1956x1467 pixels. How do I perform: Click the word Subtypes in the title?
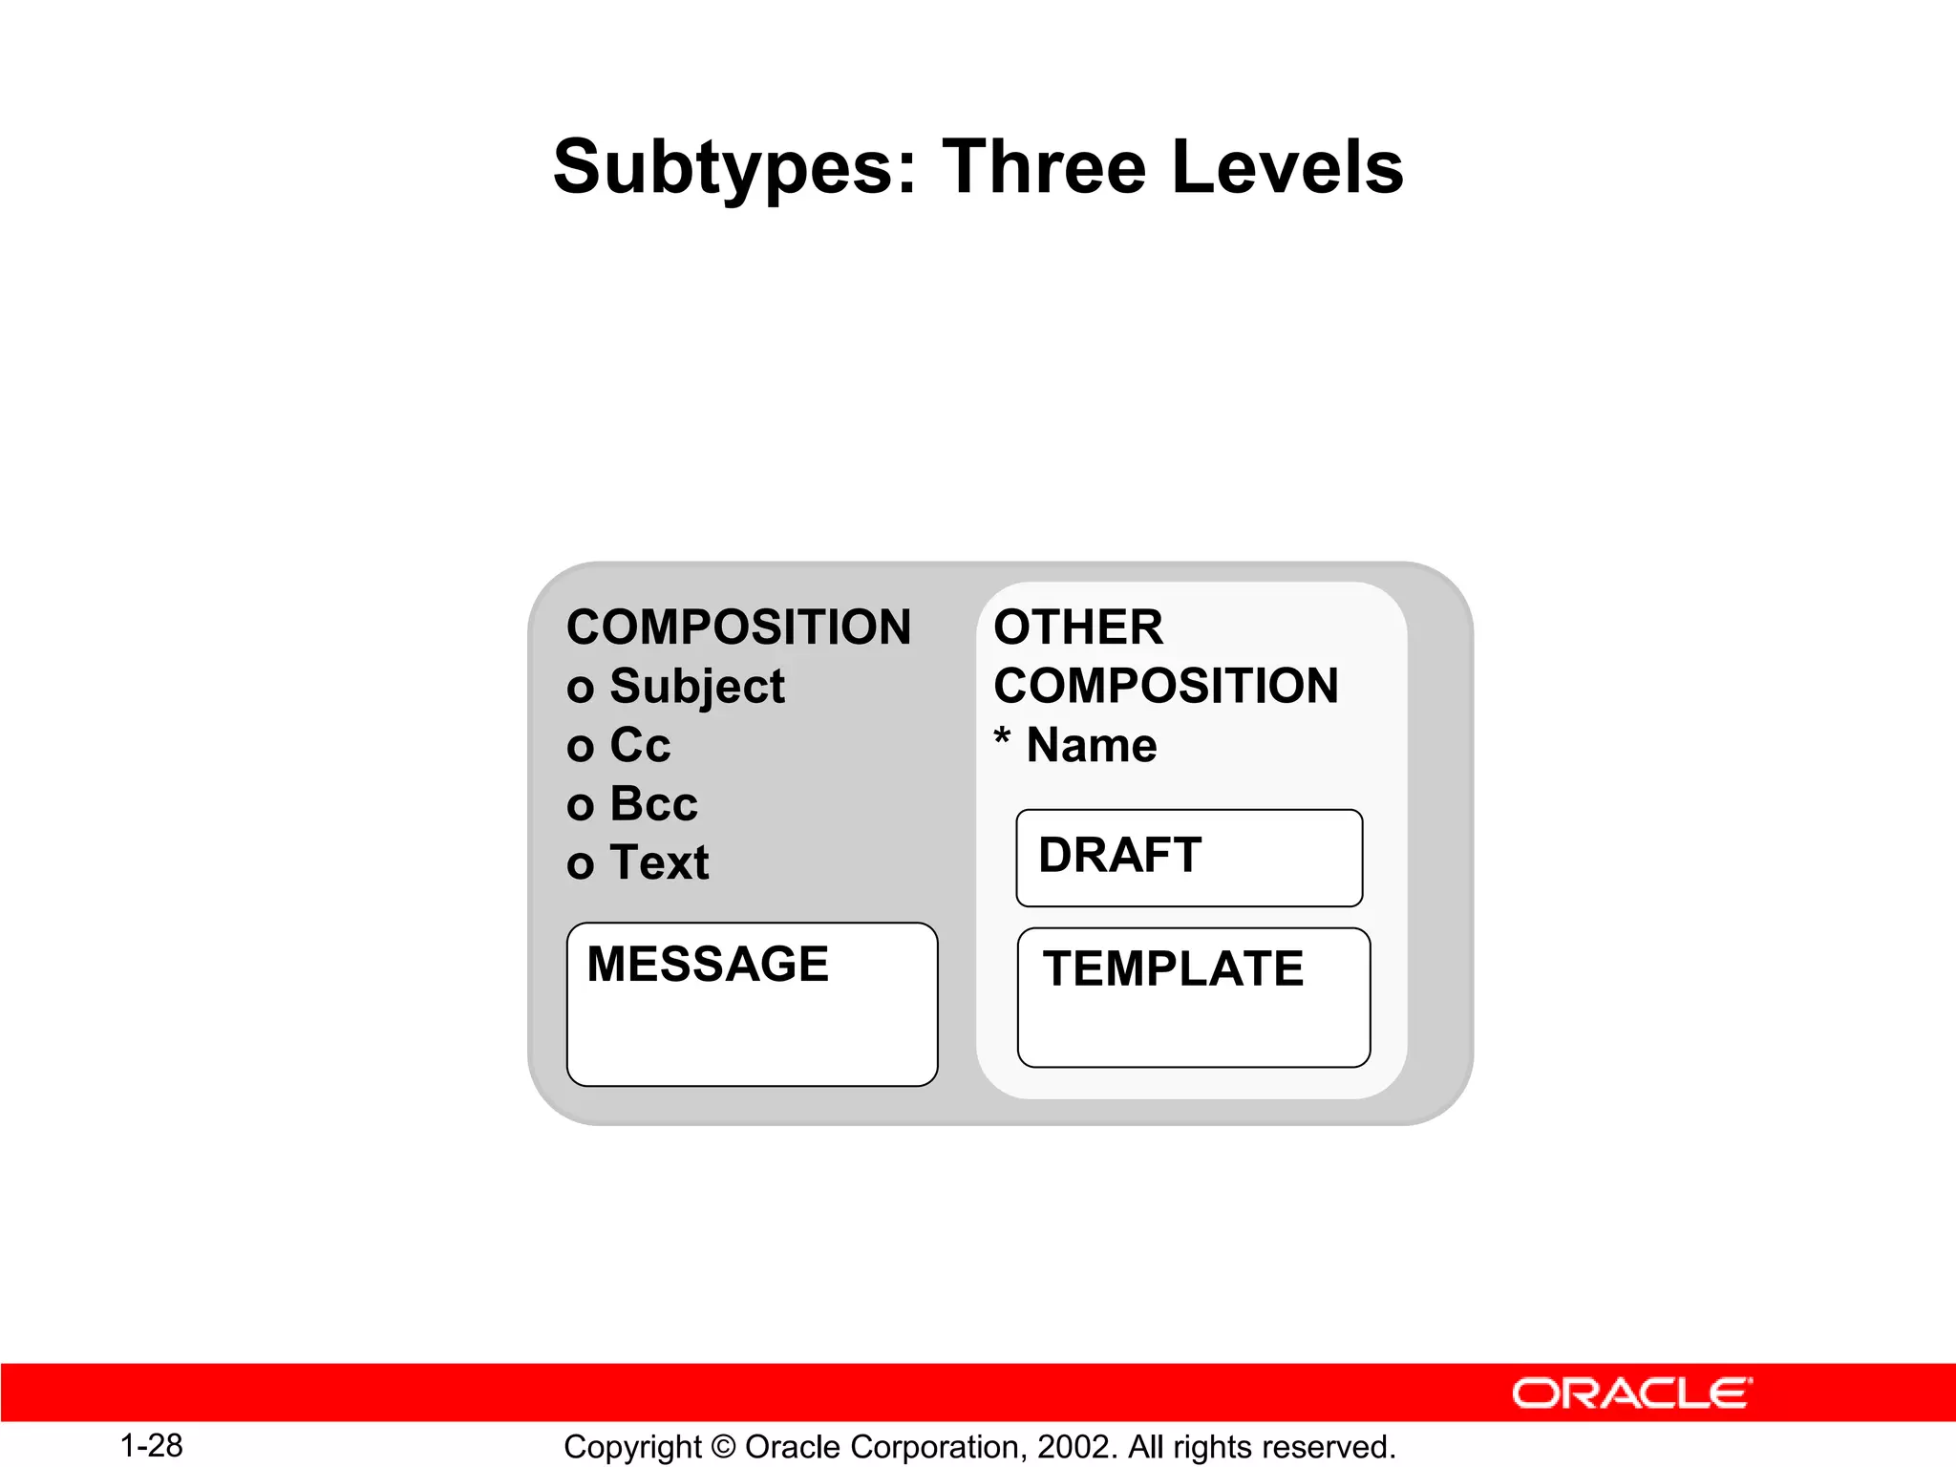click(x=733, y=168)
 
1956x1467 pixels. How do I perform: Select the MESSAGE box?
click(x=752, y=1004)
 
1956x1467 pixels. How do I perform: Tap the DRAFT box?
click(x=1189, y=858)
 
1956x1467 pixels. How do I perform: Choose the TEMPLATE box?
click(x=1194, y=997)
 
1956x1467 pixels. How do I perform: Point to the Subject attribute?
click(x=697, y=687)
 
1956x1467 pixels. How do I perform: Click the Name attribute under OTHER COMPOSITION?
click(x=1092, y=746)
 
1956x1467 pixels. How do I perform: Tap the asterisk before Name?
click(x=1002, y=738)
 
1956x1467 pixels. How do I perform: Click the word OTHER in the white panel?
click(x=1078, y=627)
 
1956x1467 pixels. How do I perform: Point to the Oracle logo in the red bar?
click(x=1631, y=1393)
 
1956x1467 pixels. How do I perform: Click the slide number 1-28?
click(x=152, y=1446)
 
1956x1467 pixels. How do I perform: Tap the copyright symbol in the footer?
click(x=724, y=1447)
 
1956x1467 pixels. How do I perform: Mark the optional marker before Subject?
click(x=580, y=690)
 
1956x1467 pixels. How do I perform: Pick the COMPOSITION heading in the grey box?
click(x=738, y=627)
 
